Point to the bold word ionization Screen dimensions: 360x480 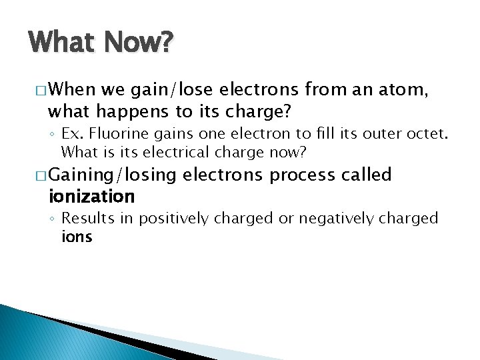[x=92, y=197]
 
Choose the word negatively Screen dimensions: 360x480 [x=330, y=218]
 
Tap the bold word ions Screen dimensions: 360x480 [x=77, y=237]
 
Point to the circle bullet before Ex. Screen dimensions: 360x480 [x=53, y=134]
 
